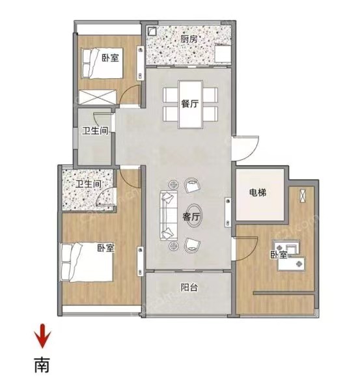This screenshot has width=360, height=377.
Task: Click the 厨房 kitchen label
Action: [189, 39]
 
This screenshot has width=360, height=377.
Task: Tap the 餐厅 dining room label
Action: [189, 104]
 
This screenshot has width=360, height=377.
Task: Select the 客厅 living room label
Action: [191, 217]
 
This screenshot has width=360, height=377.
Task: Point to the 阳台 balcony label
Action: [189, 287]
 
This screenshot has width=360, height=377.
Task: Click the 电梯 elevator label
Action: [258, 192]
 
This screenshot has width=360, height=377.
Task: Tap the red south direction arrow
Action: [42, 336]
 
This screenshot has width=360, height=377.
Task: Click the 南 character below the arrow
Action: [42, 365]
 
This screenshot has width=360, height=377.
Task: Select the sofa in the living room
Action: [169, 215]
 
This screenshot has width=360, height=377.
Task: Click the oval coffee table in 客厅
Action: [194, 216]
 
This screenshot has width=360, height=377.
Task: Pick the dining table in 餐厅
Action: [190, 104]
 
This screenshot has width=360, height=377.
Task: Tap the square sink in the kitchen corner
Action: [152, 31]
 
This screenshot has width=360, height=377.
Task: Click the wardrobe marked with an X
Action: [98, 97]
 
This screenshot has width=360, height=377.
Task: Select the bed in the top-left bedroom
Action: [103, 63]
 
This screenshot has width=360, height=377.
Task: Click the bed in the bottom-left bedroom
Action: [87, 262]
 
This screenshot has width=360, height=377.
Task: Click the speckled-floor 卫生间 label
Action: [89, 184]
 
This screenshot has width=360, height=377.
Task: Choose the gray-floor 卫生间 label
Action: [95, 131]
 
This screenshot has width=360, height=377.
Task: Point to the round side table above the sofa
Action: [173, 185]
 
